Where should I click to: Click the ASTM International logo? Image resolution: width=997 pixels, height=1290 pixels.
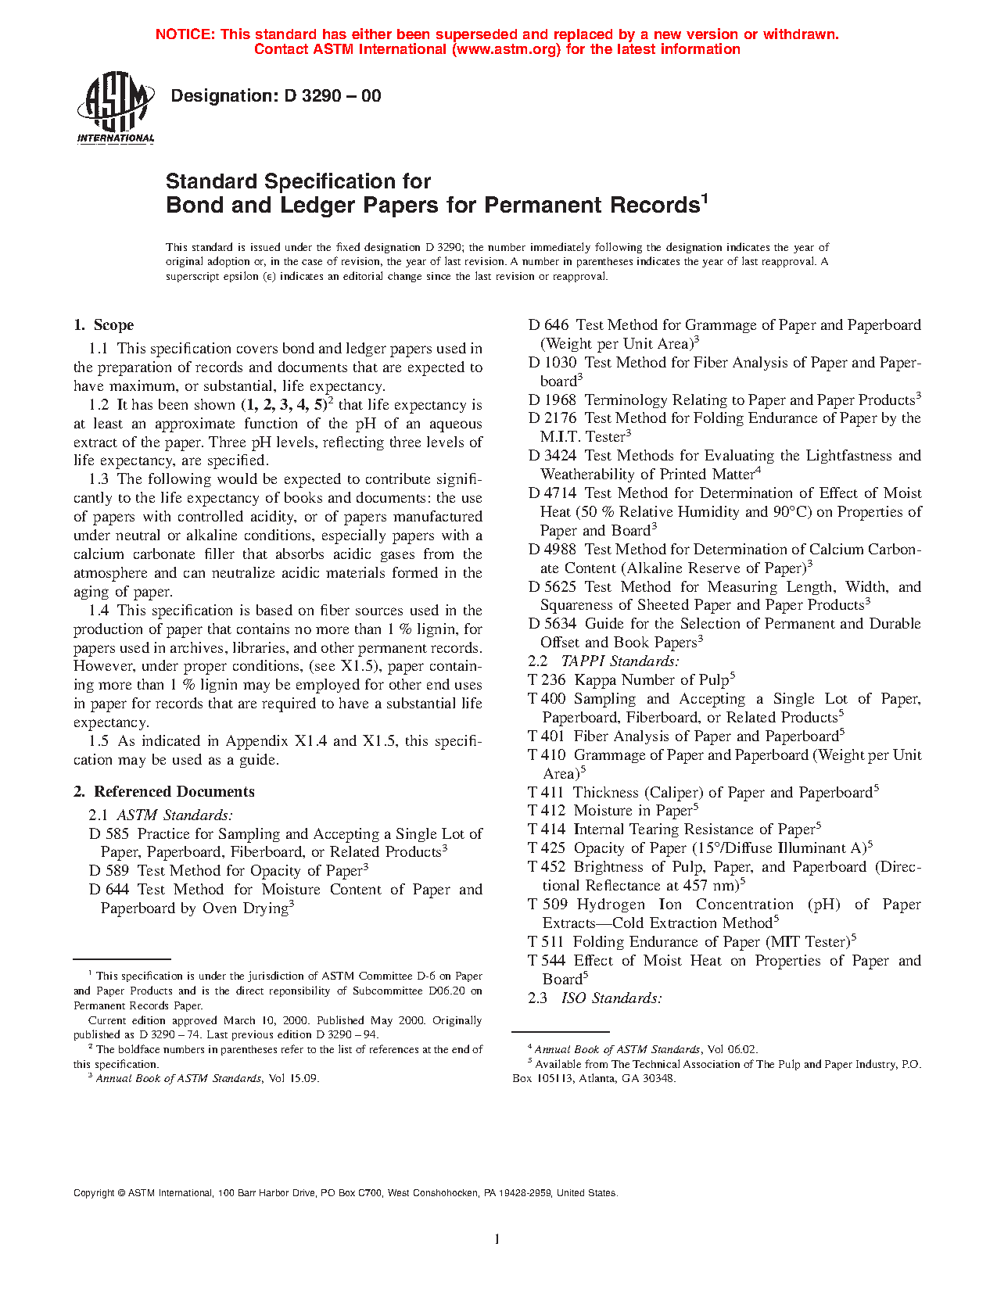115,109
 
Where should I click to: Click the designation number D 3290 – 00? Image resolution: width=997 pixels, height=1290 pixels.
332,96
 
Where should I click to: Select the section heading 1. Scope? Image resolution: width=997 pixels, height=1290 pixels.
103,325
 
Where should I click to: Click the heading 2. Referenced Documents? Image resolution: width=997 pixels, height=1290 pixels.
164,792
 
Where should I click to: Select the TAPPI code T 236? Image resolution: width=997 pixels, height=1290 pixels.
547,680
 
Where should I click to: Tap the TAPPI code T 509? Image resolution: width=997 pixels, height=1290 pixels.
547,905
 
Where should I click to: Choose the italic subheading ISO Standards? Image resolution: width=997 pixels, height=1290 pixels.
611,998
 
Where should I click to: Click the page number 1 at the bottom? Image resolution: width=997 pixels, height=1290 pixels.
497,1238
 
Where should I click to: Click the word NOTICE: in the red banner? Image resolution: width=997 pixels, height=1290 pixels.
185,34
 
